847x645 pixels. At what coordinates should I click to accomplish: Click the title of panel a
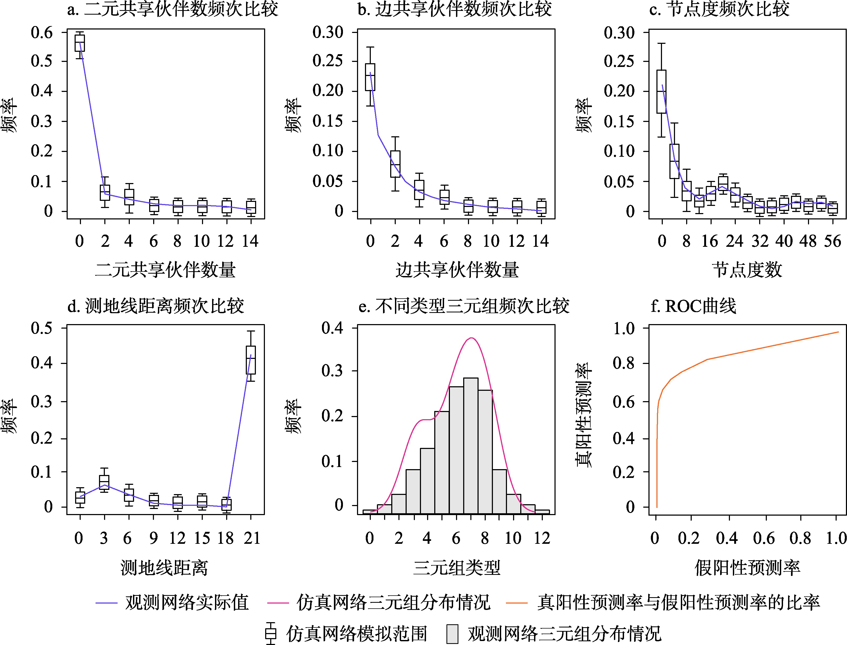click(172, 9)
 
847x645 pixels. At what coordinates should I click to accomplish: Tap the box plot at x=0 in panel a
click(80, 43)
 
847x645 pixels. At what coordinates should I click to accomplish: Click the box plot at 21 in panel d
click(251, 360)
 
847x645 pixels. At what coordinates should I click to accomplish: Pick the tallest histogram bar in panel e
click(471, 445)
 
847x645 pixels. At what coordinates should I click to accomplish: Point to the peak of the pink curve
click(471, 338)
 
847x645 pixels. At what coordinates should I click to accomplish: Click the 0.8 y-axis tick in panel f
click(623, 363)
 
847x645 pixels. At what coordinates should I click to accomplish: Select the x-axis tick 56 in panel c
click(832, 241)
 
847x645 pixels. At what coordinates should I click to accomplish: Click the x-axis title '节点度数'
click(747, 270)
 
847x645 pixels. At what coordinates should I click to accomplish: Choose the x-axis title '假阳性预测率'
click(747, 567)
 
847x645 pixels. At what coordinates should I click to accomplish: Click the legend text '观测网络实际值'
click(187, 602)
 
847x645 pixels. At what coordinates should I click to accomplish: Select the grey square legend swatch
click(453, 634)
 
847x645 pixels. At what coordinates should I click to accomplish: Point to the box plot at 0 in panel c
click(661, 91)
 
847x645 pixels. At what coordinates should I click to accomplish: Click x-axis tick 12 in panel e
click(542, 538)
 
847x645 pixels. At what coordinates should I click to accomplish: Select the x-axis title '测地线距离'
click(164, 567)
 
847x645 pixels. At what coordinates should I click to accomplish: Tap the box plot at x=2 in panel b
click(395, 164)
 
